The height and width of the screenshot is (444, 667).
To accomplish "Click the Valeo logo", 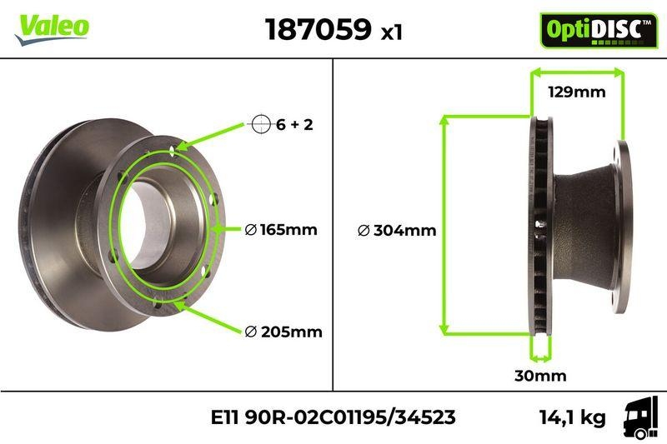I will coord(51,26).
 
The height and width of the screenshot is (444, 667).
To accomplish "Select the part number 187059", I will coord(318,29).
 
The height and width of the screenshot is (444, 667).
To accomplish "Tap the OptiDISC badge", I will coord(593,30).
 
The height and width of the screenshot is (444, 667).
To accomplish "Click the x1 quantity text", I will coord(391,32).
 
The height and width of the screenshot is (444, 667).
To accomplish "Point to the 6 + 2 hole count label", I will coord(294,125).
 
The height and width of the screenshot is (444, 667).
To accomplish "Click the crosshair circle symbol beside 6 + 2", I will coord(261,125).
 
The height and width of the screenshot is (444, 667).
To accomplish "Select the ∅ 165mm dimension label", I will coord(281,229).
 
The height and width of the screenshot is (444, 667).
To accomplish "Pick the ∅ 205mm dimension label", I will coord(283,332).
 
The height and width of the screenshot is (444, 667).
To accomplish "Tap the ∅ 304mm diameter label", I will coord(396,231).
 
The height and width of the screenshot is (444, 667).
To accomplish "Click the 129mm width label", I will coord(576,92).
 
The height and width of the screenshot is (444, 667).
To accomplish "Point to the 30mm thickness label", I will coord(539,376).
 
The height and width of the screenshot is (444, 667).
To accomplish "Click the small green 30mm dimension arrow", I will coord(540,358).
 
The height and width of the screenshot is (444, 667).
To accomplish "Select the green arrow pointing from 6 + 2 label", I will coord(213,134).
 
